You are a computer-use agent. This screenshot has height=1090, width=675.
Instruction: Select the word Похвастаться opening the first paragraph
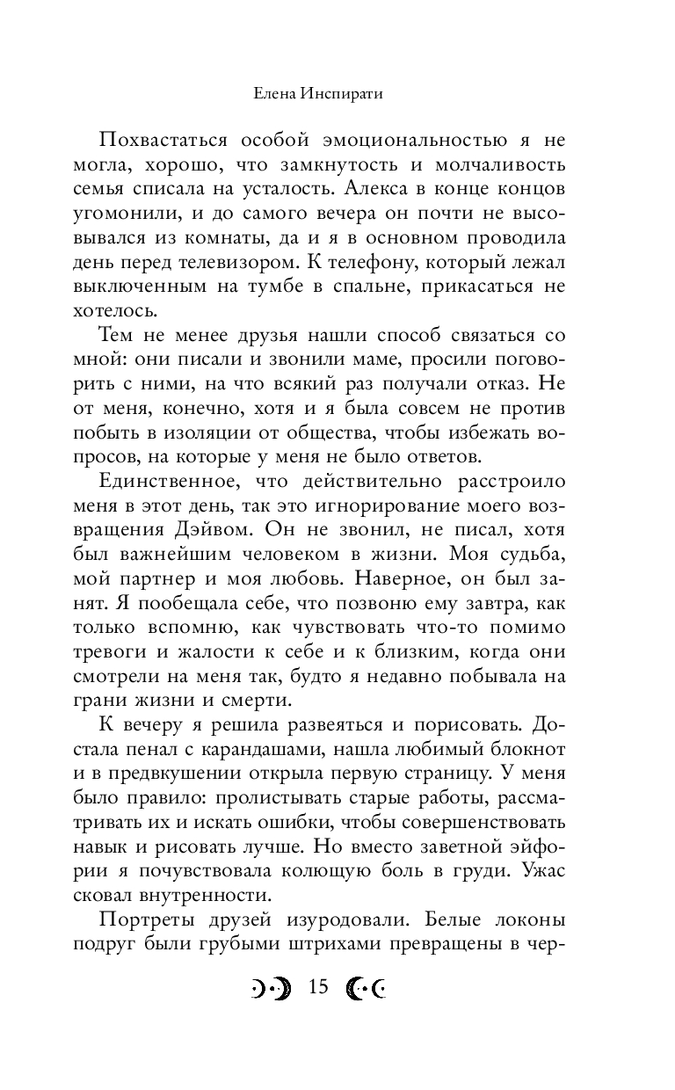pos(164,142)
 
